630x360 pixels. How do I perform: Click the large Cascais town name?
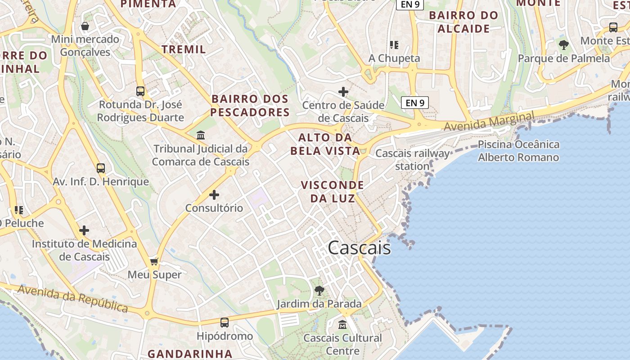tap(359, 248)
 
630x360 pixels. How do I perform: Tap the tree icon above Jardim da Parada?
tap(319, 291)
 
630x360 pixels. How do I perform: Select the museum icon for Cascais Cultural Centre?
tap(342, 324)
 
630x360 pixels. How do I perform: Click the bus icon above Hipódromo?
tap(224, 323)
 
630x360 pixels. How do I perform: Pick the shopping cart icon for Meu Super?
tap(154, 261)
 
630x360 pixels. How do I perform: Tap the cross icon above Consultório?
tap(214, 195)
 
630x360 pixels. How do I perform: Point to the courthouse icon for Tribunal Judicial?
tap(201, 135)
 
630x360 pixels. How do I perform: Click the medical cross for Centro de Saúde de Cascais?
tap(343, 92)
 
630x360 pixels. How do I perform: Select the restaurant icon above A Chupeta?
tap(394, 45)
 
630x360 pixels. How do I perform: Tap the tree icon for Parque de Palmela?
tap(563, 45)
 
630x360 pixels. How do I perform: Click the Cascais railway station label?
tap(412, 160)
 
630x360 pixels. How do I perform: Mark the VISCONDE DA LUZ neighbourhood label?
tap(332, 191)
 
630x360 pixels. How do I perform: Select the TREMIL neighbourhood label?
tap(184, 49)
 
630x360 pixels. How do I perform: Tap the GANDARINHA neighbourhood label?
tap(190, 354)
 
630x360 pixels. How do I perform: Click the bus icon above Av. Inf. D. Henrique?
tap(101, 169)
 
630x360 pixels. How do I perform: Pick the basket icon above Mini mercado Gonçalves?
tap(85, 27)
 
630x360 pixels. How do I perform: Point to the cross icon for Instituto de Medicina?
tap(84, 231)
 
